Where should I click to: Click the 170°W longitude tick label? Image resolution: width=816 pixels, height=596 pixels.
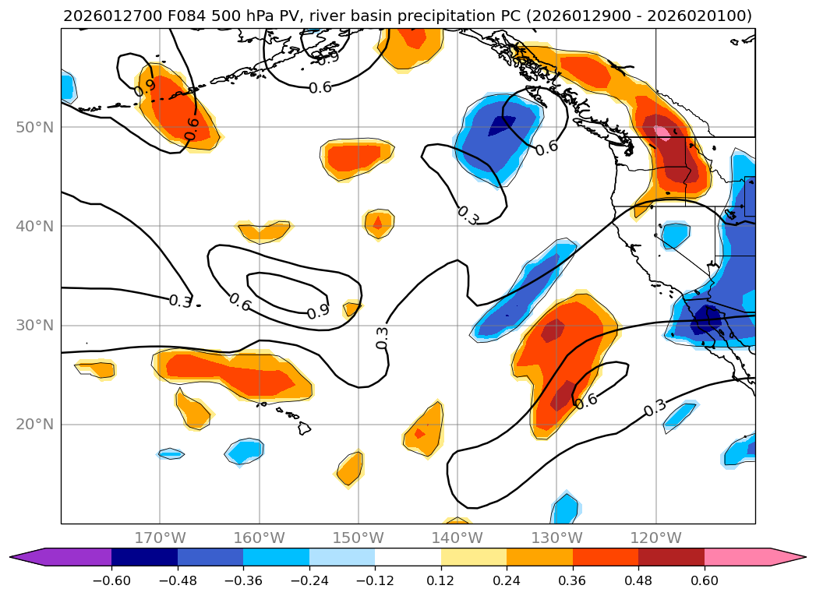point(160,538)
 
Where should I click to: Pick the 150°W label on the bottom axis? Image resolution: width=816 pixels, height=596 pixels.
point(359,538)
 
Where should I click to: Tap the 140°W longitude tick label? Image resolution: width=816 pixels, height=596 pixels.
point(457,538)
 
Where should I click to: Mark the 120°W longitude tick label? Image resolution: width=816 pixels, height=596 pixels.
point(655,538)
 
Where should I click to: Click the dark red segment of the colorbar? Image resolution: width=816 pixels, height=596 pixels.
point(671,557)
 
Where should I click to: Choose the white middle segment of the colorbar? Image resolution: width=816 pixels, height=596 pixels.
point(408,557)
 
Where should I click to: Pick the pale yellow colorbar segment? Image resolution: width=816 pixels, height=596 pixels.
point(474,557)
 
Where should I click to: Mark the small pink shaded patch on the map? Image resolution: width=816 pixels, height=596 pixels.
point(662,132)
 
